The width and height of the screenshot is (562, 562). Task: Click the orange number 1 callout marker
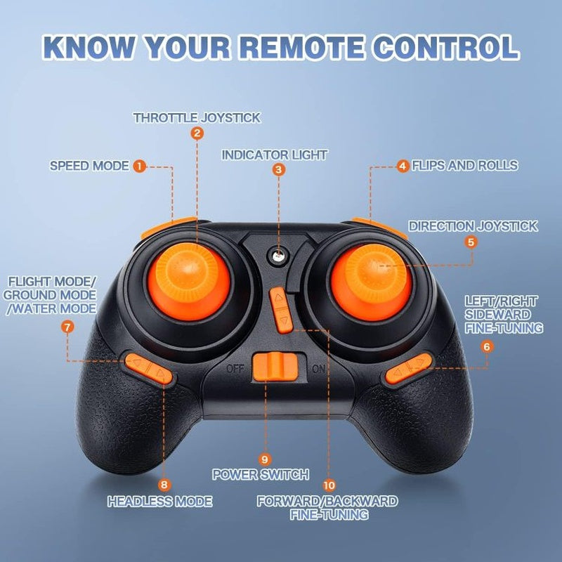[139, 166]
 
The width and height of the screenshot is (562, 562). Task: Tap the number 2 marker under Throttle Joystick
[197, 133]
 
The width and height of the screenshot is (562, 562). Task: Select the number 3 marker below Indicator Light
[278, 169]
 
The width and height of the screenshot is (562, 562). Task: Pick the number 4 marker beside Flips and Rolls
[403, 166]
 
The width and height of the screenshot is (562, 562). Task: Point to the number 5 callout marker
[471, 242]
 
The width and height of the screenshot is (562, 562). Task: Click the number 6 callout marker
[487, 346]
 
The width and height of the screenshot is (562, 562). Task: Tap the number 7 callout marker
[67, 327]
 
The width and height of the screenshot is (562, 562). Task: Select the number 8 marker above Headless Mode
[164, 485]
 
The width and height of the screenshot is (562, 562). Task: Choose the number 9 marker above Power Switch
[265, 459]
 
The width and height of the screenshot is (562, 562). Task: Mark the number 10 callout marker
[329, 485]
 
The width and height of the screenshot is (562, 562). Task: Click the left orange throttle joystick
[189, 282]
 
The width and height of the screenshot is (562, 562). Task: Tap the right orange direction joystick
[372, 282]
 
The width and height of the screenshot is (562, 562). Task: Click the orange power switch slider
[275, 367]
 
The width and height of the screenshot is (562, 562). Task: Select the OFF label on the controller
[235, 368]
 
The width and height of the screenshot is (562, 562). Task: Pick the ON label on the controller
[319, 368]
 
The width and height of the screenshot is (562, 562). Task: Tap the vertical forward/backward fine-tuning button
[282, 310]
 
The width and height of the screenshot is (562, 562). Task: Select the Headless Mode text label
[160, 501]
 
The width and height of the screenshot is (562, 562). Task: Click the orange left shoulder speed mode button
[167, 227]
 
